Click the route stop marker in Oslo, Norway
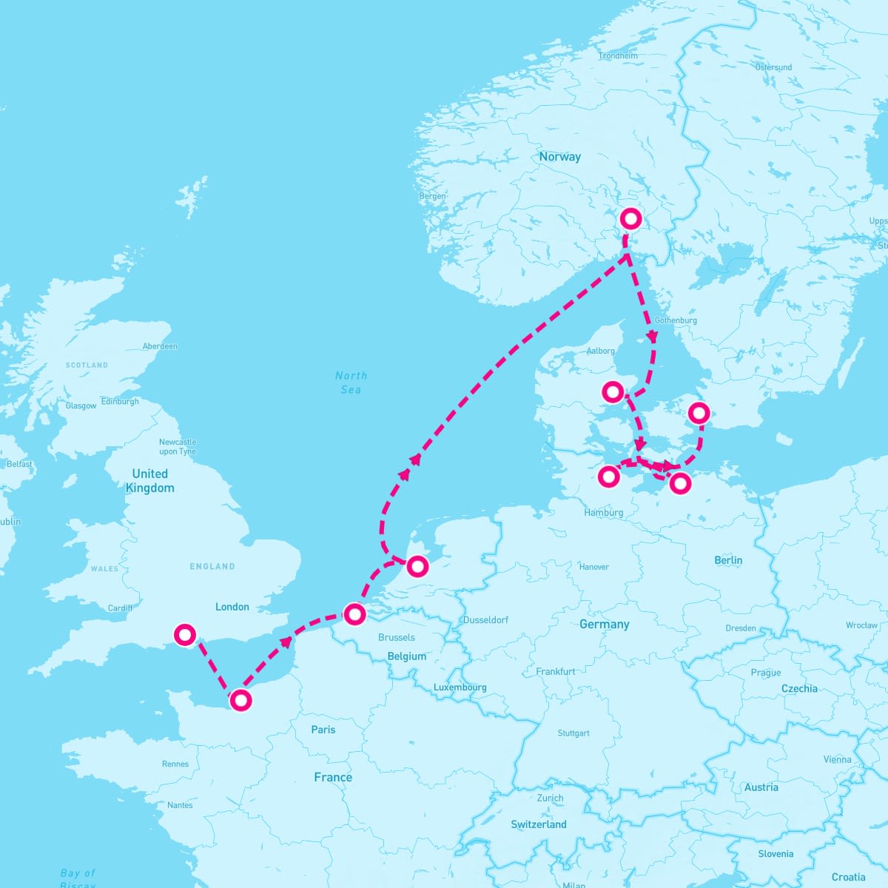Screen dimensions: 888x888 pyautogui.click(x=630, y=218)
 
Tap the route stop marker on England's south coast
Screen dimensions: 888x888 pyautogui.click(x=184, y=634)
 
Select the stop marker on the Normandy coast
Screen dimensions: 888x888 pyautogui.click(x=240, y=700)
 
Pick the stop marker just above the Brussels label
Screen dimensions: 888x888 pyautogui.click(x=355, y=614)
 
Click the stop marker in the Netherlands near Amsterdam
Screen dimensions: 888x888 pyautogui.click(x=418, y=566)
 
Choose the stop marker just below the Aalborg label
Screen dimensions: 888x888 pyautogui.click(x=613, y=391)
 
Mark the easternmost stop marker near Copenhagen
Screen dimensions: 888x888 pyautogui.click(x=699, y=412)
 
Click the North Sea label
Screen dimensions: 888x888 pyautogui.click(x=351, y=383)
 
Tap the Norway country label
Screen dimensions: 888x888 pyautogui.click(x=559, y=157)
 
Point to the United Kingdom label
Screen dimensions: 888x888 pyautogui.click(x=149, y=480)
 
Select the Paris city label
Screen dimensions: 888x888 pyautogui.click(x=323, y=730)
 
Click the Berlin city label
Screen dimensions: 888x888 pyautogui.click(x=728, y=560)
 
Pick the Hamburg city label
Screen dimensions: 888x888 pyautogui.click(x=603, y=512)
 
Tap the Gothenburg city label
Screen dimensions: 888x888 pyautogui.click(x=676, y=320)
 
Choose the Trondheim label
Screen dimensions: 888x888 pyautogui.click(x=618, y=55)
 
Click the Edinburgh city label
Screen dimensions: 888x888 pyautogui.click(x=120, y=401)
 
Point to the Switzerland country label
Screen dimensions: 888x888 pyautogui.click(x=539, y=824)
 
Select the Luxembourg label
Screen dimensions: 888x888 pyautogui.click(x=460, y=687)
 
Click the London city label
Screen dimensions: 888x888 pyautogui.click(x=232, y=607)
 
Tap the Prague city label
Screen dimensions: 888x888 pyautogui.click(x=766, y=673)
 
